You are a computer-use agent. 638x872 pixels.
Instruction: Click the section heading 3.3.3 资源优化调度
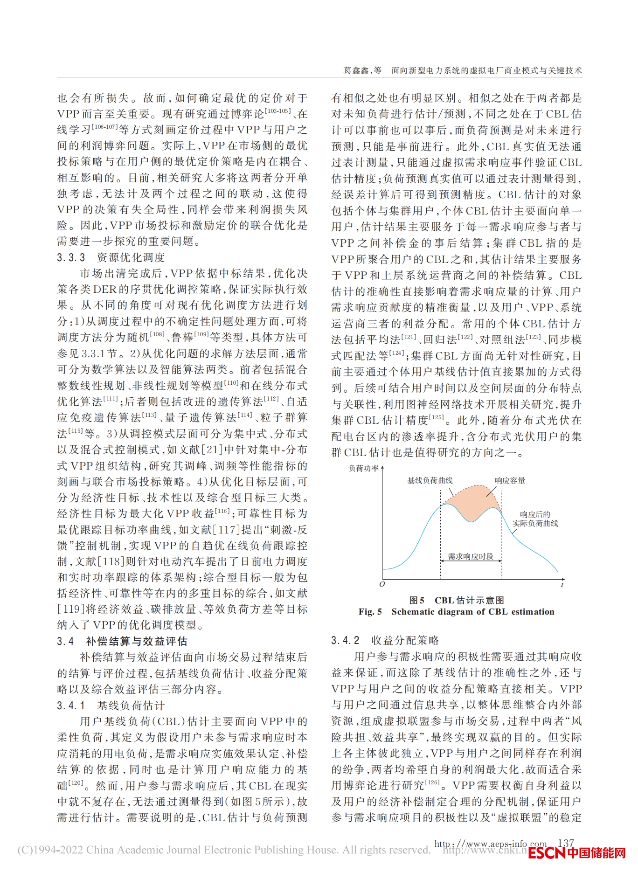111,257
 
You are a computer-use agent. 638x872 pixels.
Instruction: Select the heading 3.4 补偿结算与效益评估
122,641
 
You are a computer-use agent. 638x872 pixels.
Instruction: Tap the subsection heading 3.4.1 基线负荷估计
111,706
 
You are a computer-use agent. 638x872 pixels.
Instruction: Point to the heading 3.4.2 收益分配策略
385,640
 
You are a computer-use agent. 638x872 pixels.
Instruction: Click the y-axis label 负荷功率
363,468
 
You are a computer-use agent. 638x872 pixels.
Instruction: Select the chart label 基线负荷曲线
430,480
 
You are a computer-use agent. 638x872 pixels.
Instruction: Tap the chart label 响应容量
510,480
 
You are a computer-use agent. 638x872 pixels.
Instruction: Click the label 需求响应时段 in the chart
471,556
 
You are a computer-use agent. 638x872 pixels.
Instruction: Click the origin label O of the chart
382,584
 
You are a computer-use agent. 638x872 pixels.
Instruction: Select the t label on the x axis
562,584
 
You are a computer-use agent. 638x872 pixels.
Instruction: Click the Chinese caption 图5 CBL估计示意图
456,600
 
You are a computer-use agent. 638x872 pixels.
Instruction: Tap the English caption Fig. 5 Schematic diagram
456,612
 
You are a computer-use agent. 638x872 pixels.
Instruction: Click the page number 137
565,843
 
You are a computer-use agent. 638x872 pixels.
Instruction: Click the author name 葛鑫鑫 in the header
356,70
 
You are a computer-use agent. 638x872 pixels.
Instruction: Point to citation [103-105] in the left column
277,111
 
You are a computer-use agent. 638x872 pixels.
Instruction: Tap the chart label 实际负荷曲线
535,523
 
